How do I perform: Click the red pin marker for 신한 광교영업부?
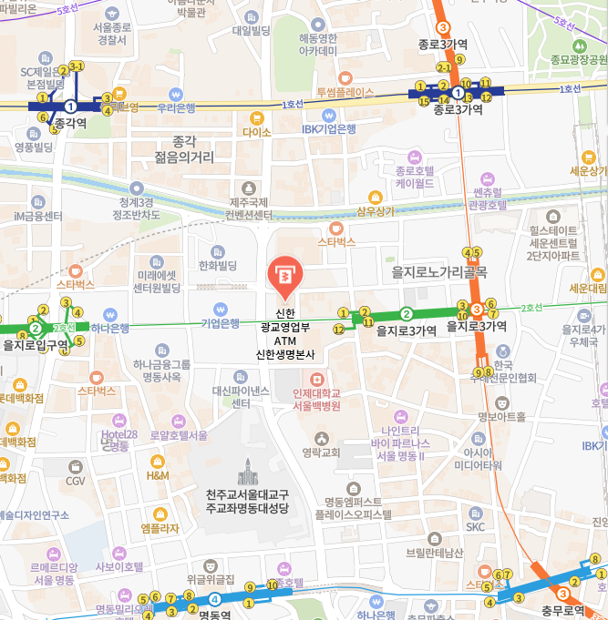[283, 276]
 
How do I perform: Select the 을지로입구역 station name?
[36, 345]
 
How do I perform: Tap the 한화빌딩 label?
[217, 265]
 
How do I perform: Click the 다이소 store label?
[257, 132]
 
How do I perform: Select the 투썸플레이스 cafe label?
[345, 92]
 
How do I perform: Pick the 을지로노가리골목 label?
[439, 271]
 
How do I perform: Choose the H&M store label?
[158, 474]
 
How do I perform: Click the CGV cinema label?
[76, 481]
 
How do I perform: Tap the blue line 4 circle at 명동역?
[214, 598]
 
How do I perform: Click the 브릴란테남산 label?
[435, 553]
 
